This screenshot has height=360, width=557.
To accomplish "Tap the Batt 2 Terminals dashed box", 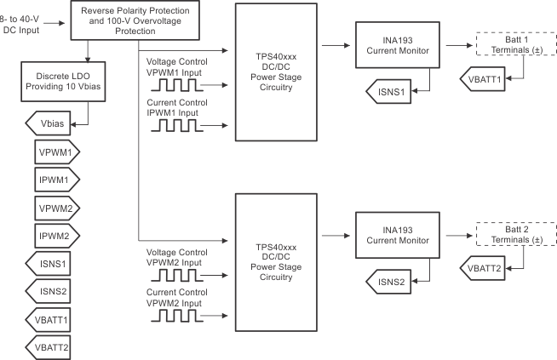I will coord(507,234).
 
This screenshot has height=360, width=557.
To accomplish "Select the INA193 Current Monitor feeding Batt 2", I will coord(395,234).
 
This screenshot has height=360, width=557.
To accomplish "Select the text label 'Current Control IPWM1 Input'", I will coord(176,107).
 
